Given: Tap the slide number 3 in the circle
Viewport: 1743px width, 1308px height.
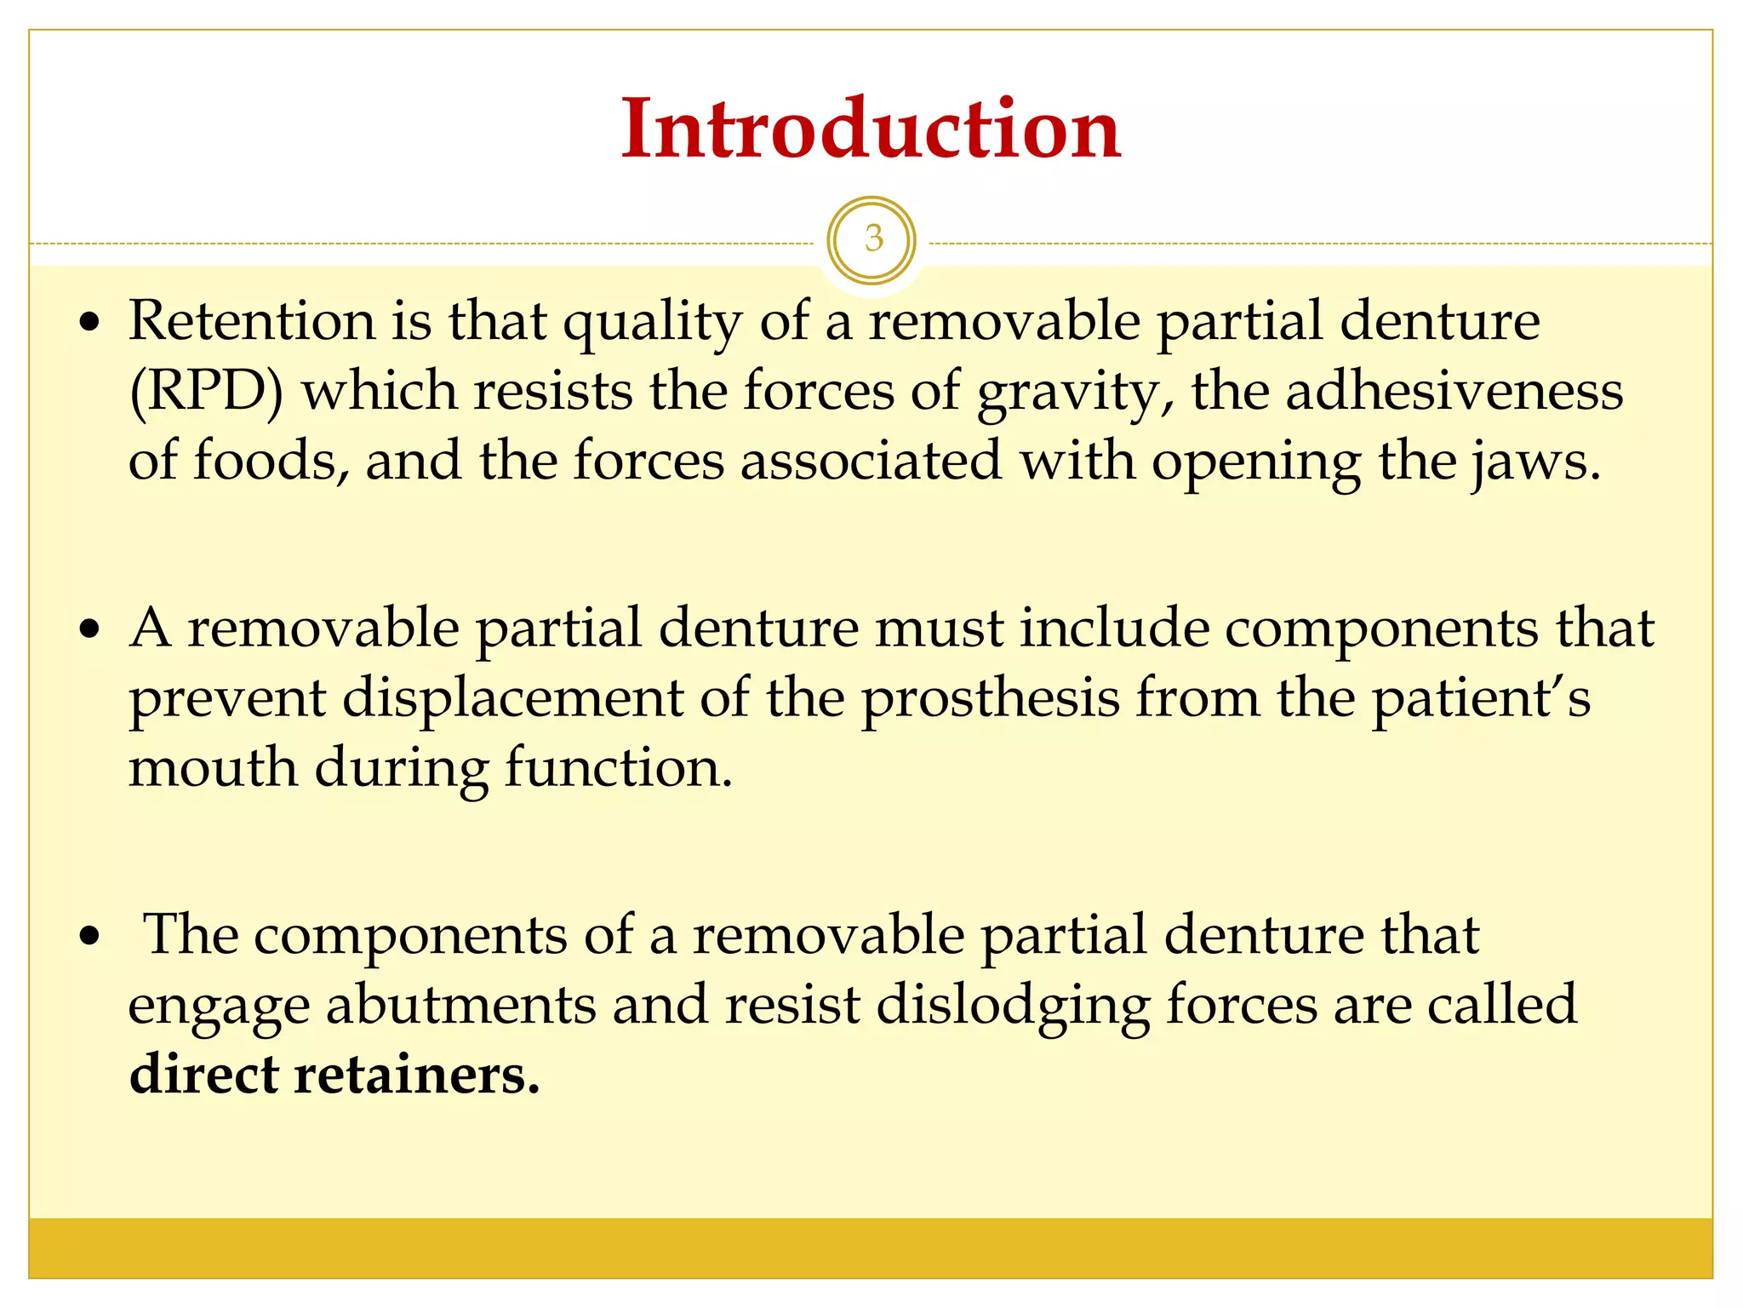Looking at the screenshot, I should click(x=872, y=238).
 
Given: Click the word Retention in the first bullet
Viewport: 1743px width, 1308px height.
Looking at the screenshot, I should click(x=252, y=321).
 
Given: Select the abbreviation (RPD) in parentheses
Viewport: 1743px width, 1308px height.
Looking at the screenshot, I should click(x=206, y=392).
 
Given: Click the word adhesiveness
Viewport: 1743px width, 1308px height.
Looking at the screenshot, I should click(x=1454, y=392).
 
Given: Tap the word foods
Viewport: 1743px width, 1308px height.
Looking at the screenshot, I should click(x=271, y=461).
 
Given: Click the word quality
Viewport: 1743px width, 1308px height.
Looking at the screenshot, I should click(x=653, y=321).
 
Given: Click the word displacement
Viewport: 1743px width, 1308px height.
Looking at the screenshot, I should click(x=513, y=698).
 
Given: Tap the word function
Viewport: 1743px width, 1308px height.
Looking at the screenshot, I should click(x=619, y=767).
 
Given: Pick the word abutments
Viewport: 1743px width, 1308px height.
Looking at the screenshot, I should click(x=461, y=1005).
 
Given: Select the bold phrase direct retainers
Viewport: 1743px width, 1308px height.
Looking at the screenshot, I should click(x=334, y=1075).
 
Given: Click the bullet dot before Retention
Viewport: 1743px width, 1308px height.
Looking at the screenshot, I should click(x=89, y=324).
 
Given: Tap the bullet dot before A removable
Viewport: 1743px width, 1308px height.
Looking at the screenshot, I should click(x=89, y=631).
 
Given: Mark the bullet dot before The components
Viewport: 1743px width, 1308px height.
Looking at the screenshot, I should click(x=89, y=938).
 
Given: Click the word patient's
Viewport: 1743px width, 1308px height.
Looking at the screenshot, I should click(x=1481, y=698).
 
